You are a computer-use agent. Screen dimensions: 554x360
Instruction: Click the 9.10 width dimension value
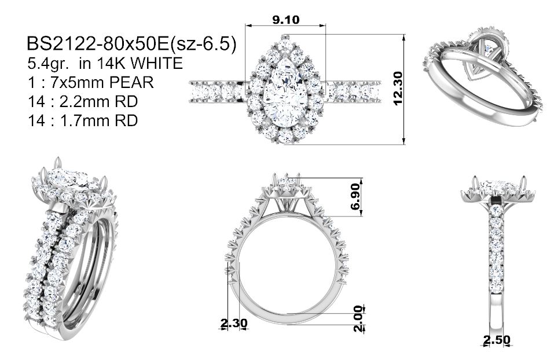tap(285, 20)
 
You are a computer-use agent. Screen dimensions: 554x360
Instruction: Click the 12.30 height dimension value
tap(398, 89)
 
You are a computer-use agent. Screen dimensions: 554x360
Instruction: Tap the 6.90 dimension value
tap(355, 196)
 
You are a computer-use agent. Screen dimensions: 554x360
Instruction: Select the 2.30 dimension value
tap(234, 323)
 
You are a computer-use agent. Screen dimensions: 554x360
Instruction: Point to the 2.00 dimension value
tap(358, 319)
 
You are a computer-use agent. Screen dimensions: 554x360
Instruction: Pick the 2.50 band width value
tap(497, 340)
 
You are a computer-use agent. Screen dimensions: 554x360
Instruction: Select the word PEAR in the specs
tap(131, 83)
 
